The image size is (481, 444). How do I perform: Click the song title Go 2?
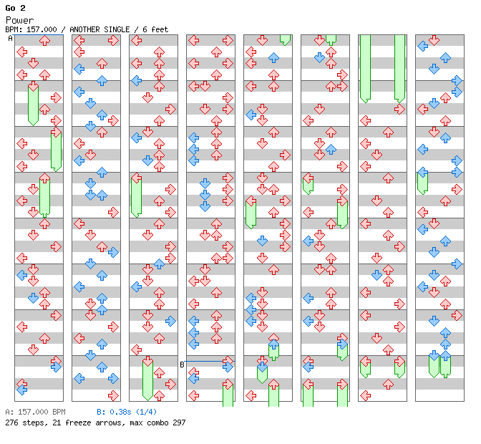(15, 8)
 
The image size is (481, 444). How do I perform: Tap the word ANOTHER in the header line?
(85, 29)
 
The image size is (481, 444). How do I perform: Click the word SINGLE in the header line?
(117, 29)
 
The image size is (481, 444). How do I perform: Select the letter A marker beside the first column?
(11, 39)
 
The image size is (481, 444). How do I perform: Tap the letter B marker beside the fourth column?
(182, 365)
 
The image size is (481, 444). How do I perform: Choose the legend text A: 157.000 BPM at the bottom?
(35, 412)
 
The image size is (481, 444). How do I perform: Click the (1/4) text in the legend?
(147, 412)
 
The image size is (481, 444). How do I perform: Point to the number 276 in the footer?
(11, 423)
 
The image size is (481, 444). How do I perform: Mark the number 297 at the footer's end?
(178, 423)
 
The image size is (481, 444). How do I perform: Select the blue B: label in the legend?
(101, 412)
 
